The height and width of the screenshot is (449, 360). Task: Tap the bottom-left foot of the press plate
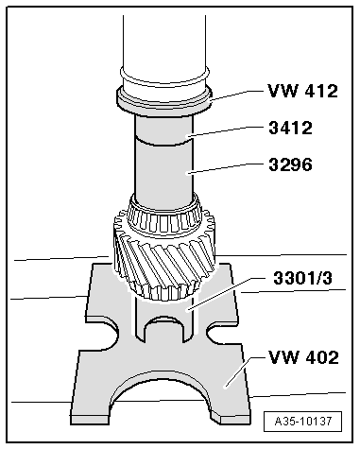(90, 408)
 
